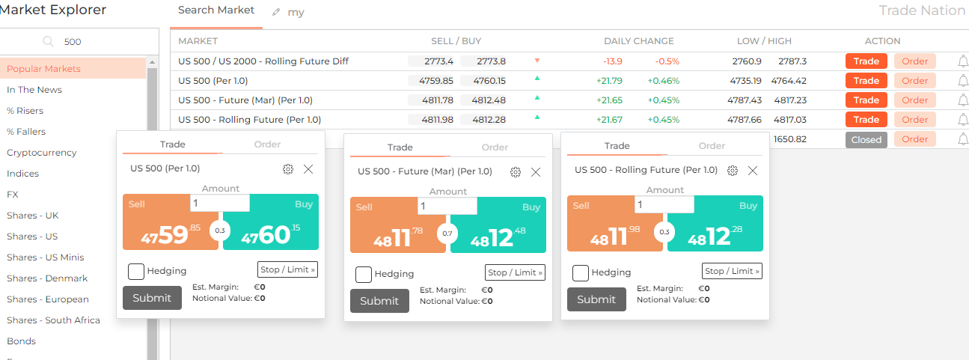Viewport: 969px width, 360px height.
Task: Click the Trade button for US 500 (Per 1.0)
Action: click(866, 81)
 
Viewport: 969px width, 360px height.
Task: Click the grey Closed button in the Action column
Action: click(866, 140)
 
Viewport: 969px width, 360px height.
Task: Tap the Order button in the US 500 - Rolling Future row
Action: click(914, 120)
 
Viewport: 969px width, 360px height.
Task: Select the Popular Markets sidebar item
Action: click(43, 68)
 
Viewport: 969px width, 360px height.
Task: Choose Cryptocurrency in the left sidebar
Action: click(42, 153)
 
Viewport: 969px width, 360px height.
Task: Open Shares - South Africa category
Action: click(53, 320)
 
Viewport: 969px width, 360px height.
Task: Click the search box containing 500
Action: click(79, 42)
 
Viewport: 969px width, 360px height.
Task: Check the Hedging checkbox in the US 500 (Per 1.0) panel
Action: click(136, 271)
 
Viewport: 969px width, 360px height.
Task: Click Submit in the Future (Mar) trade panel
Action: click(379, 301)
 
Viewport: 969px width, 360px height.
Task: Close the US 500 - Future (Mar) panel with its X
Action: click(536, 172)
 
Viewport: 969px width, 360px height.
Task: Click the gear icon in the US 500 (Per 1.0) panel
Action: click(288, 169)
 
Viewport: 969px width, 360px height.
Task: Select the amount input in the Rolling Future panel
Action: click(664, 204)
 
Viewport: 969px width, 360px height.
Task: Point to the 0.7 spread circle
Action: click(447, 234)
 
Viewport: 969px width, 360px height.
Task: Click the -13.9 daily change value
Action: click(613, 61)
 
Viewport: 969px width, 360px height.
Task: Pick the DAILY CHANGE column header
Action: click(639, 41)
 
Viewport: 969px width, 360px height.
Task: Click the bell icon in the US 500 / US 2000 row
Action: click(963, 61)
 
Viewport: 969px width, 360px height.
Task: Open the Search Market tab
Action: click(215, 10)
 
